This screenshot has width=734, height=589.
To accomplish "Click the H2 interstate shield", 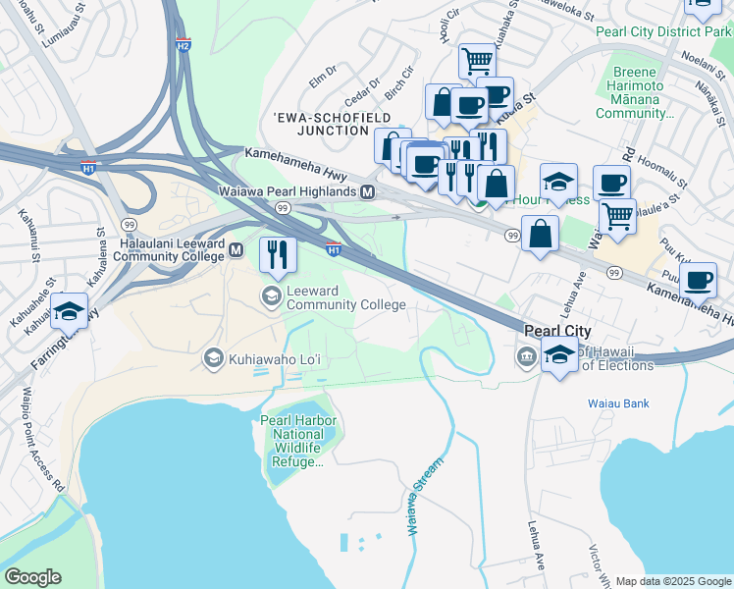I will (x=183, y=45).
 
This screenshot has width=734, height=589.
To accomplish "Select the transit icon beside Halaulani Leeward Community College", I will (x=236, y=251).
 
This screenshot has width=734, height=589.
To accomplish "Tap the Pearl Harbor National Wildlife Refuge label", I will (x=298, y=443).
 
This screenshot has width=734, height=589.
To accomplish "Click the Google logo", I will (x=32, y=577).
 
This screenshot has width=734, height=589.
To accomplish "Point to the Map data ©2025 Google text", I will (x=672, y=581).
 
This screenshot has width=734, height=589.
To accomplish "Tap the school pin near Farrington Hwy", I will (x=70, y=310).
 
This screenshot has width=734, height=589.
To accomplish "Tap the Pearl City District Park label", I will (x=662, y=31).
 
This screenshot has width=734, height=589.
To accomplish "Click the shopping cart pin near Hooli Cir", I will (x=477, y=61).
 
